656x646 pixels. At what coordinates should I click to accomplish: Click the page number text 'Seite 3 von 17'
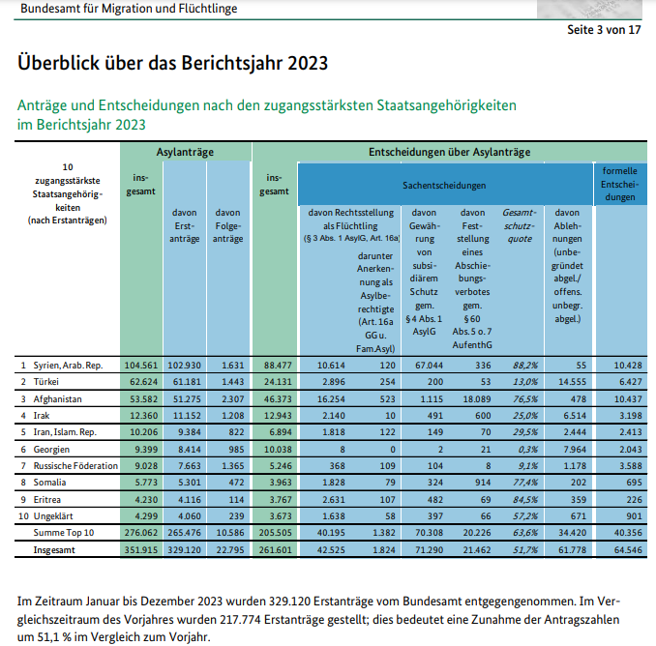click(x=604, y=30)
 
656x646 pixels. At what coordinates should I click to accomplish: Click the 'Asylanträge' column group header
click(x=185, y=153)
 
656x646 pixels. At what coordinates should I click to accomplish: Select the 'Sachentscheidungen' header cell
click(x=444, y=184)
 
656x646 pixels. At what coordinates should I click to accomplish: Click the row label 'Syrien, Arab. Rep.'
click(x=67, y=366)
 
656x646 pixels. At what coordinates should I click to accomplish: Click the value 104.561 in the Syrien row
click(x=141, y=366)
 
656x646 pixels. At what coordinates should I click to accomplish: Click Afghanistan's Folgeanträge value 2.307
click(x=227, y=398)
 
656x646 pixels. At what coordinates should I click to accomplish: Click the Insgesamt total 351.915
click(x=141, y=547)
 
